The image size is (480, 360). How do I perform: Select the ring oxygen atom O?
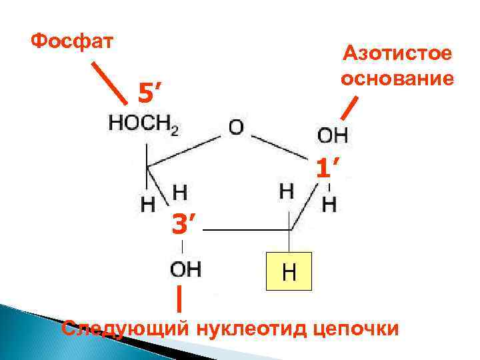pos(237,126)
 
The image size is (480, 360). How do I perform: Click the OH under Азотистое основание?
pos(331,135)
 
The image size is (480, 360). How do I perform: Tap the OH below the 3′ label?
pos(186,269)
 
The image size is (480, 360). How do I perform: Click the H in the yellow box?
pos(289,271)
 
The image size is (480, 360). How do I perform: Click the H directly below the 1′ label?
pos(329,204)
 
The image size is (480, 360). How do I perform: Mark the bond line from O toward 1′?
pos(283,147)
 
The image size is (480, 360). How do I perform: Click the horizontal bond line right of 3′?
pos(247,231)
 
